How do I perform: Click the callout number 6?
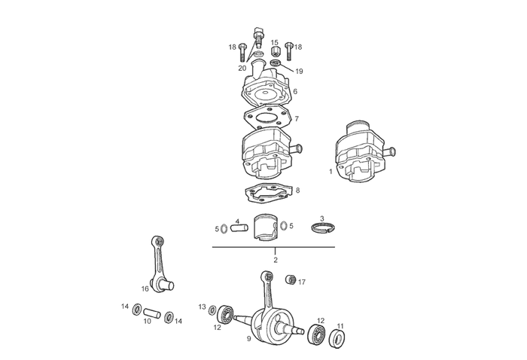point(294,92)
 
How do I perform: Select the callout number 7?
point(297,119)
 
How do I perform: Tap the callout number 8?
point(297,191)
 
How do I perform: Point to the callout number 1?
point(331,172)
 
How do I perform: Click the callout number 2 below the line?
point(276,260)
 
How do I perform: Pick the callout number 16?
point(145,288)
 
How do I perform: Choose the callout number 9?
point(248,339)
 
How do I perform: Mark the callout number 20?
point(242,68)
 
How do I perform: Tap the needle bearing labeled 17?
point(290,282)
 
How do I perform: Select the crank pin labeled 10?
point(153,311)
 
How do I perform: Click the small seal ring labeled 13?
point(213,309)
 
